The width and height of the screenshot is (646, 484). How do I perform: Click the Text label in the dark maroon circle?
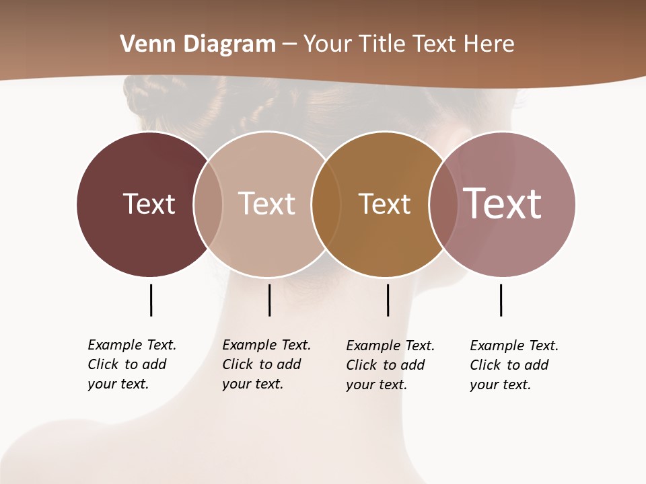point(149,204)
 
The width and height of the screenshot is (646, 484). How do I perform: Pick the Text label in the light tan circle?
point(266,204)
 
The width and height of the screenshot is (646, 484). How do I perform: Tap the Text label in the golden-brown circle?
point(384,204)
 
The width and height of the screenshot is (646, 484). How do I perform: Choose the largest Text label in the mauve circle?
point(503,204)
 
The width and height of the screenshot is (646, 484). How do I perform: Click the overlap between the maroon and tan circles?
point(208,204)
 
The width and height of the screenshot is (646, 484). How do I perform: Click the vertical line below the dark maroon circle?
point(151,300)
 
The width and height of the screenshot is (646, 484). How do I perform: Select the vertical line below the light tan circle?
point(269,300)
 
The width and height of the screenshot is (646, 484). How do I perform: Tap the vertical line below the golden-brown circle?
point(388,300)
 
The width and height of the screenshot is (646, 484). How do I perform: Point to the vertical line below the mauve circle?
point(501,300)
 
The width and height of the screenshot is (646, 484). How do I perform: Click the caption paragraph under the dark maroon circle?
point(131,364)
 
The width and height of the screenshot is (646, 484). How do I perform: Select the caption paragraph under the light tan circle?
point(266,364)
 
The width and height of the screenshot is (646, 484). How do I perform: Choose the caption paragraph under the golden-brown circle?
point(390,365)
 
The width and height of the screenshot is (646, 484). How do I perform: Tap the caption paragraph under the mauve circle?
point(513,365)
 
